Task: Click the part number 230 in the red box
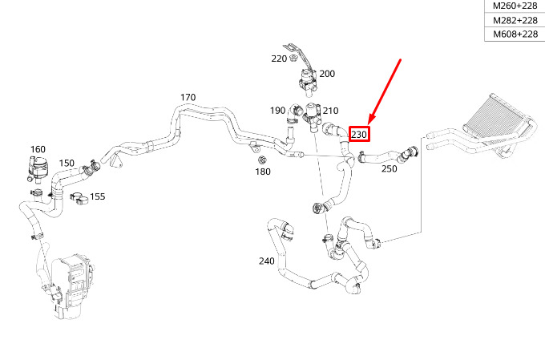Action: [359, 135]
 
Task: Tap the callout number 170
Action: [188, 98]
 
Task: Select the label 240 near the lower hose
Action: [267, 261]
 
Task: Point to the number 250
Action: [389, 169]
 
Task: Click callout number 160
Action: [38, 149]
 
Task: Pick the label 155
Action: [96, 196]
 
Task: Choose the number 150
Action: [67, 164]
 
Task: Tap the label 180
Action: [263, 172]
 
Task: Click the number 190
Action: [277, 111]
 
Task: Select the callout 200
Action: [327, 74]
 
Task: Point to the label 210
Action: [330, 111]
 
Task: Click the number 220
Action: [279, 59]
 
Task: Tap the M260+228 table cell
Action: [515, 6]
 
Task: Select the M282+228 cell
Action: [515, 20]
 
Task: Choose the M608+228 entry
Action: [515, 34]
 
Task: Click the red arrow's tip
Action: [368, 121]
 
